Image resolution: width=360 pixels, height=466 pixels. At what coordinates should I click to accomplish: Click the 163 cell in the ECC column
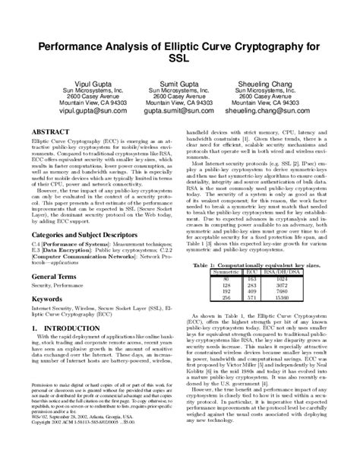click(x=251, y=278)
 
